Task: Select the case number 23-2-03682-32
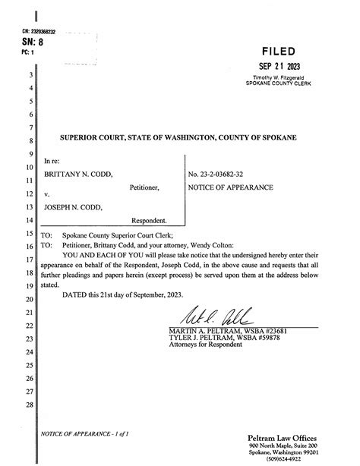[226, 174]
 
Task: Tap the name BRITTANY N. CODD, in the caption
[77, 174]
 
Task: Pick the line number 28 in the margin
[30, 405]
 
